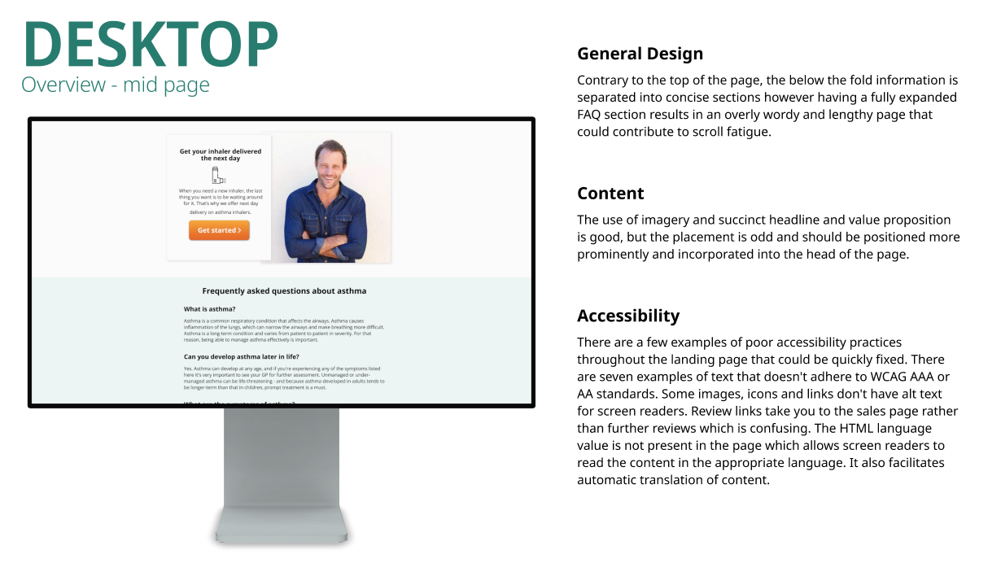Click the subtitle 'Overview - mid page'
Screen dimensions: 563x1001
116,85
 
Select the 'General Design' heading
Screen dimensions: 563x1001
640,54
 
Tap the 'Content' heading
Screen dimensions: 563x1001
610,193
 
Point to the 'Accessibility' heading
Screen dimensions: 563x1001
627,316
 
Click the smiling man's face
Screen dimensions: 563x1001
330,165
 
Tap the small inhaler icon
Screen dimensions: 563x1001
218,176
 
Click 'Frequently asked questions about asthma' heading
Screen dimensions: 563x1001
284,290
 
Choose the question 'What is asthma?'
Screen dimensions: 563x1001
209,309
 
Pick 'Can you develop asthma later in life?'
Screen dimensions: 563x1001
241,356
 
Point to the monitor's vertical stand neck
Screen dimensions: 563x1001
282,456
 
